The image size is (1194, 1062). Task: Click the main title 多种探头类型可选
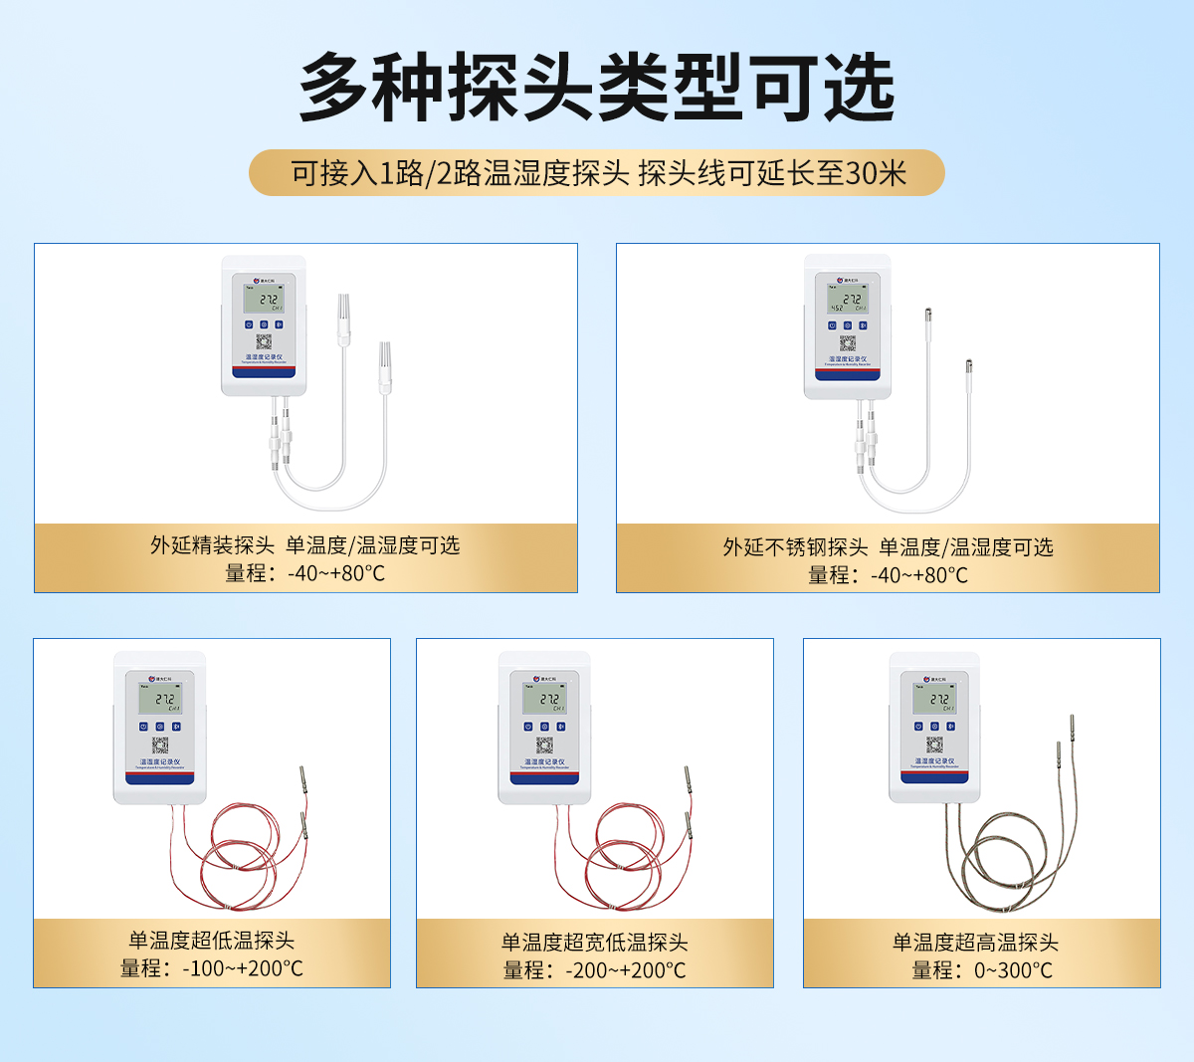(597, 88)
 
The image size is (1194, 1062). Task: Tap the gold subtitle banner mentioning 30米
(597, 173)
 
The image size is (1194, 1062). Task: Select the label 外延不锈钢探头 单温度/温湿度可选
(888, 547)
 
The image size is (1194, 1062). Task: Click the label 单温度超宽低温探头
(594, 942)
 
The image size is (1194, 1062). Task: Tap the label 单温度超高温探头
(975, 942)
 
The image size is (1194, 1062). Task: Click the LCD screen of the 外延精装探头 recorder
(264, 299)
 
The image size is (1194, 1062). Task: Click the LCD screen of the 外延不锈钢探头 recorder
(848, 300)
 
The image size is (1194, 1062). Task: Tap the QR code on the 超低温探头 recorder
(159, 745)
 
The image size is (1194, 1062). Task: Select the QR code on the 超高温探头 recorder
(934, 745)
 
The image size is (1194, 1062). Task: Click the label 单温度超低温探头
(211, 940)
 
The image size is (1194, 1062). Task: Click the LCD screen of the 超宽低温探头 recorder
(545, 700)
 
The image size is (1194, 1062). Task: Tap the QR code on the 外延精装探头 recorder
(264, 342)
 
